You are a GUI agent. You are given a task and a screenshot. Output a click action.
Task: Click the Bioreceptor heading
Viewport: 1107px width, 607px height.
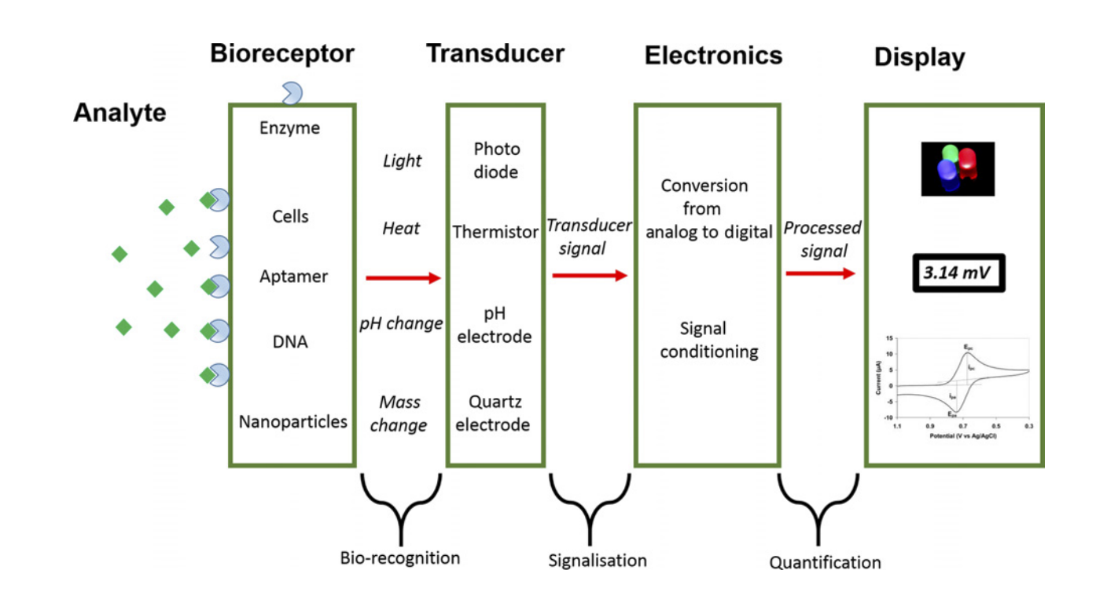click(282, 54)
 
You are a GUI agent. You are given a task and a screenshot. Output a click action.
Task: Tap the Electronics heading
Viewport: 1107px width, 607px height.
click(713, 56)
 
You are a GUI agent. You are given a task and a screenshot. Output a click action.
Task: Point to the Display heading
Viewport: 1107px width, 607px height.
click(920, 57)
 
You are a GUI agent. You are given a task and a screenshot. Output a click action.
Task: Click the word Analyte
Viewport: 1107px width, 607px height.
click(120, 113)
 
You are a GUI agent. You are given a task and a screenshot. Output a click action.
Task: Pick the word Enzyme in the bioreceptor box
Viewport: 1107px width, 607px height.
click(289, 127)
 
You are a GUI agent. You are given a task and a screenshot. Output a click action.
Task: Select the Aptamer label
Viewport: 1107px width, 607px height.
click(293, 277)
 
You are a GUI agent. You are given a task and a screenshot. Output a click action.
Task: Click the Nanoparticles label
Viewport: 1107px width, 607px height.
click(292, 422)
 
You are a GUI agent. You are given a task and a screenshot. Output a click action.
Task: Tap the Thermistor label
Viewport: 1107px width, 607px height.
click(495, 233)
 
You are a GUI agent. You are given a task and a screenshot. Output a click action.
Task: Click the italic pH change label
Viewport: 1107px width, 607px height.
click(400, 324)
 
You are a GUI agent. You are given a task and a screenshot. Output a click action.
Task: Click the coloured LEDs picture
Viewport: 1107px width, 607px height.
click(958, 168)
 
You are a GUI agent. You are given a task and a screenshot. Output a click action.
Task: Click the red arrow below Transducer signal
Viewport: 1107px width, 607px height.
click(590, 276)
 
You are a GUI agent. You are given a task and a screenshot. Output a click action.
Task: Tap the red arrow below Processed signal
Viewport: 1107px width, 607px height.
click(820, 274)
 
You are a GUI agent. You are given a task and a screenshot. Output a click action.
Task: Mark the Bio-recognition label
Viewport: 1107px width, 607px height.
click(399, 558)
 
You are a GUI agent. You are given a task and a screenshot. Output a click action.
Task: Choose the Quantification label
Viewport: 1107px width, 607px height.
click(825, 563)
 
